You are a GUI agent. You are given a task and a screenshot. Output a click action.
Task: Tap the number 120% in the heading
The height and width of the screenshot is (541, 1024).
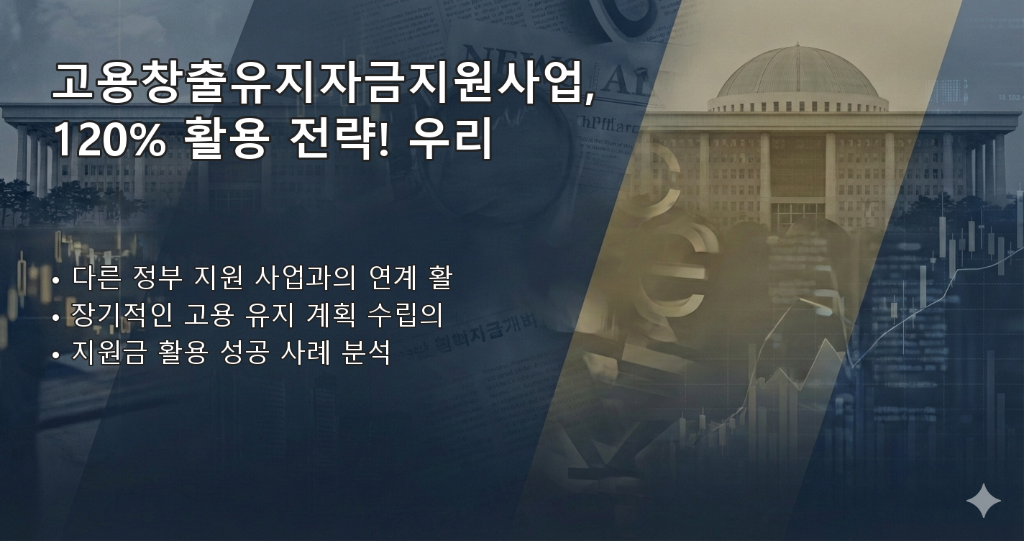click(x=109, y=140)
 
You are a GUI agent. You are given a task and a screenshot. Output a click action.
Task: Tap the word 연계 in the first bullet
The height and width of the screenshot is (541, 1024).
click(x=393, y=278)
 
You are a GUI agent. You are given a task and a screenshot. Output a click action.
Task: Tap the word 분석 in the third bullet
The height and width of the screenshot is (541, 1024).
click(x=366, y=353)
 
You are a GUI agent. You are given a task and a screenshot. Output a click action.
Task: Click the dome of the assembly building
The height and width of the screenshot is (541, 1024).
click(x=797, y=76)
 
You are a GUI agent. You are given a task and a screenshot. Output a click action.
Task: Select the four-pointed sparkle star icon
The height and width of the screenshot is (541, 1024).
click(x=983, y=501)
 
